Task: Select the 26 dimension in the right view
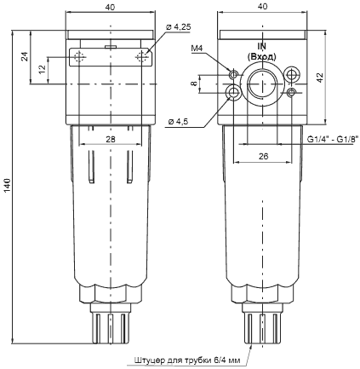[x=262, y=155]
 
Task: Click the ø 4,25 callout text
[x=178, y=28]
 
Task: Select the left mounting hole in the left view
[x=78, y=58]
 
